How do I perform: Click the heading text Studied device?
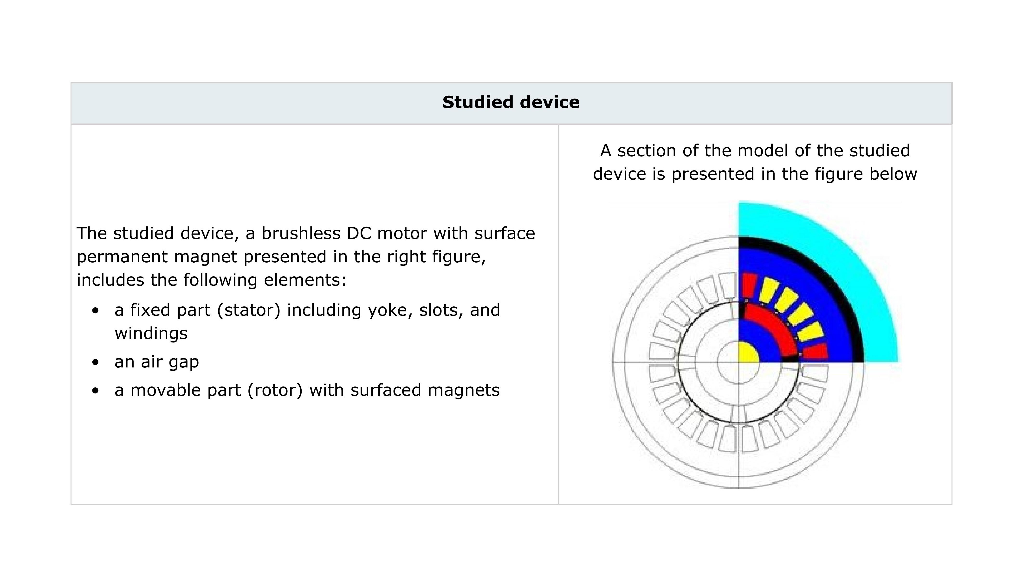[511, 102]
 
